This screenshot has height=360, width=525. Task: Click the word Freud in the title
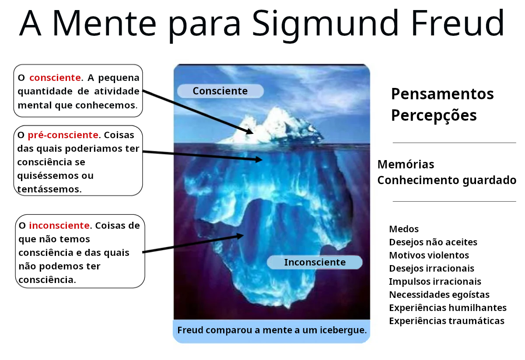pos(457,23)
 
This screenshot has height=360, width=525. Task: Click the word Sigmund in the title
pos(325,25)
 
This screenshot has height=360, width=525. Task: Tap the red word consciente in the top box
pos(55,77)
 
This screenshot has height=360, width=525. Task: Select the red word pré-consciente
pos(63,135)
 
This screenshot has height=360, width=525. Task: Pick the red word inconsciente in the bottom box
pos(59,225)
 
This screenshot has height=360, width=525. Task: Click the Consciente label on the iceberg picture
pos(220,91)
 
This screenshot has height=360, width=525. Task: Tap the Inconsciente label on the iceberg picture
pos(315,262)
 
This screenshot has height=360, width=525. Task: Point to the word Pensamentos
pos(442,94)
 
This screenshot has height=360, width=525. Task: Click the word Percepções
pos(434,116)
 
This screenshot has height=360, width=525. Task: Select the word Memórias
pos(406,164)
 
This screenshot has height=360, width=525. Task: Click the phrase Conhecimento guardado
pos(447,181)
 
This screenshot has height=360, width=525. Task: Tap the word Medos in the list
pos(404,229)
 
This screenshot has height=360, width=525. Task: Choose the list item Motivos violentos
pos(429,255)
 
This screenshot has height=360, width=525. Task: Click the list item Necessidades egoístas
pos(439,295)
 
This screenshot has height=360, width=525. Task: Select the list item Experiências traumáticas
pos(447,321)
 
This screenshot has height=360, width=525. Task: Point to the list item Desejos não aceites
pos(433,242)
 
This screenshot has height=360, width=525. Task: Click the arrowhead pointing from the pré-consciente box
pos(259,160)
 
